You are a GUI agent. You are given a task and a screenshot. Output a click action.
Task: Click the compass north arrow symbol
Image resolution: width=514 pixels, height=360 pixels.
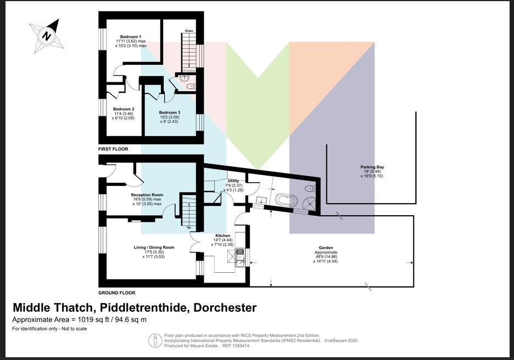click(47, 36)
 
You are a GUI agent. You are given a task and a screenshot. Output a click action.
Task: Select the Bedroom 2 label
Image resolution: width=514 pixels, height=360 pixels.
click(124, 109)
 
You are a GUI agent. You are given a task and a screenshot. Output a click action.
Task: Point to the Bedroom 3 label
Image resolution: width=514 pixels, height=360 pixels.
click(170, 113)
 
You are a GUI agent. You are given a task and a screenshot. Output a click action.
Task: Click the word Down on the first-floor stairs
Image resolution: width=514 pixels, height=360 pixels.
click(189, 31)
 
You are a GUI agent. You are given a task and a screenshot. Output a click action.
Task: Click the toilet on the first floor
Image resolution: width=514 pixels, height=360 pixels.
click(189, 86)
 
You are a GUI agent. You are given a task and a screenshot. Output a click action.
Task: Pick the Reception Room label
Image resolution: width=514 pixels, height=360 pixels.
click(147, 195)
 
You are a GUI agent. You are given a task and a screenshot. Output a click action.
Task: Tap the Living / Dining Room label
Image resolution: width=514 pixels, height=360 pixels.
click(154, 248)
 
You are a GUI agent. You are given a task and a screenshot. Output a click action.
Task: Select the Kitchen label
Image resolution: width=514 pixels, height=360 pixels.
click(222, 235)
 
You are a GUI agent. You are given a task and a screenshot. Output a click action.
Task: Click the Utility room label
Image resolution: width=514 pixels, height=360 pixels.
click(233, 181)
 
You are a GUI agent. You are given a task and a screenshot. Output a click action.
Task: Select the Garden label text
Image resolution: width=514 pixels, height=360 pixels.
click(326, 248)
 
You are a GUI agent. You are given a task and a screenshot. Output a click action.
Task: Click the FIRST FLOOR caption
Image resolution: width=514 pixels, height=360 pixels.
click(113, 149)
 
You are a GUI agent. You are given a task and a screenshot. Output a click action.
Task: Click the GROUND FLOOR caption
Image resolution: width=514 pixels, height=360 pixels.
click(116, 293)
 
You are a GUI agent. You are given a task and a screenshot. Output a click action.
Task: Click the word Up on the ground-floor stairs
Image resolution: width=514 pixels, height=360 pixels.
click(189, 227)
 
